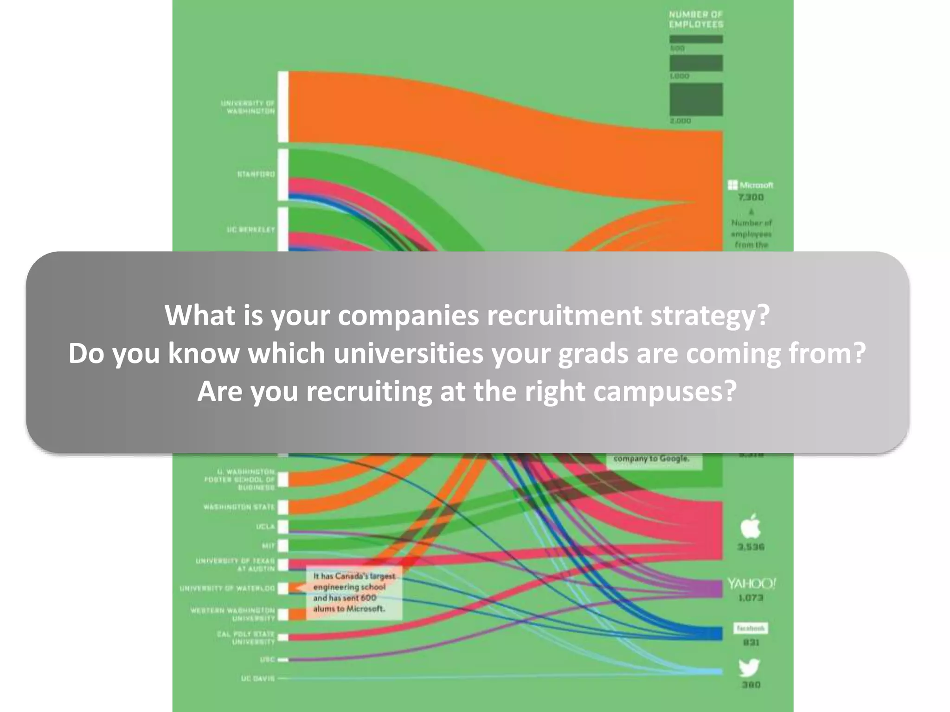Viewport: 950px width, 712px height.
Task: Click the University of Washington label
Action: (x=249, y=107)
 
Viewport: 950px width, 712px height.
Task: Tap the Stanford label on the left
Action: (x=256, y=174)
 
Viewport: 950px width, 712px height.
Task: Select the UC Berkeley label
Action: (x=251, y=229)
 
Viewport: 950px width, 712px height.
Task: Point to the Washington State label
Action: (x=239, y=507)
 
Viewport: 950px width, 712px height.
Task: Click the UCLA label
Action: (x=266, y=527)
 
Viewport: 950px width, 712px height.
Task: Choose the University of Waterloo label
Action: (x=228, y=588)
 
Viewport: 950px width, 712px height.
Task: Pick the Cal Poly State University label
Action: (x=246, y=637)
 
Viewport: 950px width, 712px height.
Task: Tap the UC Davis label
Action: (x=258, y=678)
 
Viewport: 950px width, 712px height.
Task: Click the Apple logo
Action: (x=750, y=526)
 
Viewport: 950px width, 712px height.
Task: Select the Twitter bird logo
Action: (x=750, y=667)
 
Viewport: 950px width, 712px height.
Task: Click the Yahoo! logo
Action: (x=751, y=584)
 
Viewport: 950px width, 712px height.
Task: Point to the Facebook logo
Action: (x=751, y=628)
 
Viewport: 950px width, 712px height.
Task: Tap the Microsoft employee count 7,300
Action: (x=751, y=197)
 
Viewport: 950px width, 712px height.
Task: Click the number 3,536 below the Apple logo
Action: (x=751, y=547)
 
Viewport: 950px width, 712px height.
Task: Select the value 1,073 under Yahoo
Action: (x=751, y=598)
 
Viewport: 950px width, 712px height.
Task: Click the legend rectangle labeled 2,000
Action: (x=696, y=99)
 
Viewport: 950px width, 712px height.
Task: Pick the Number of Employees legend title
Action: (x=696, y=19)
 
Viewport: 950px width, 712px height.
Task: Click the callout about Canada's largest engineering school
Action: (x=354, y=592)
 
